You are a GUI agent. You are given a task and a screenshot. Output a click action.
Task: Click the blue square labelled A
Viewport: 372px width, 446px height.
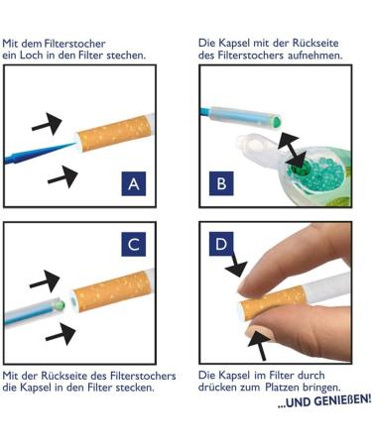tap(134, 183)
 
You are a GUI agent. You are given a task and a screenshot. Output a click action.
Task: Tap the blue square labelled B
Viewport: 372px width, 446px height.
tap(221, 183)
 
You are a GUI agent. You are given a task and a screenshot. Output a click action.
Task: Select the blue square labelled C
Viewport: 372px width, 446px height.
tap(134, 244)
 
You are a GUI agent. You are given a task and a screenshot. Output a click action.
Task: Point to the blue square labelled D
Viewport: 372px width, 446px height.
tap(221, 244)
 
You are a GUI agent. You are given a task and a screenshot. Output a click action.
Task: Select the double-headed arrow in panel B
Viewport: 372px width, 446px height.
tap(291, 150)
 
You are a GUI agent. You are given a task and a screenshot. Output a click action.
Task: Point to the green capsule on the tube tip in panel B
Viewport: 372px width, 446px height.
tap(277, 120)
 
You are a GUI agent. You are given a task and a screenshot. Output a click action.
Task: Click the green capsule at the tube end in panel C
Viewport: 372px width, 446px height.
tap(60, 304)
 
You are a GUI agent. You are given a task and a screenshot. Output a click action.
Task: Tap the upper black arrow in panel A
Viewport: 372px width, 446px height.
tap(47, 124)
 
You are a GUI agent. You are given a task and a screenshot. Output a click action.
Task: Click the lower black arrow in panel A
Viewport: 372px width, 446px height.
tap(62, 176)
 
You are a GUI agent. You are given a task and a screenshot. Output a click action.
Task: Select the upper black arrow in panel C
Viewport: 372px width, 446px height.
tap(45, 281)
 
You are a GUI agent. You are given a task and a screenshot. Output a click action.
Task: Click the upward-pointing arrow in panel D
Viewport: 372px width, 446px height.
tap(259, 344)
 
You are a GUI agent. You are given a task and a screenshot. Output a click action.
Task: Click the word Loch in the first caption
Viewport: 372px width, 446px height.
tap(32, 55)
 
